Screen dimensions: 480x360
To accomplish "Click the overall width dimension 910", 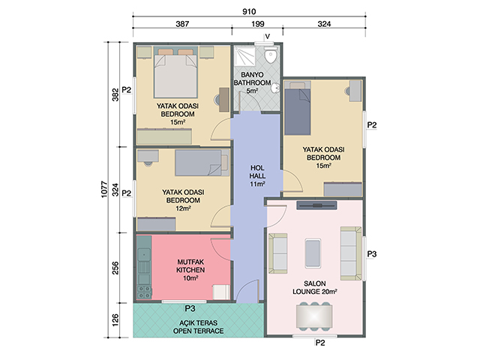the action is click(x=249, y=12).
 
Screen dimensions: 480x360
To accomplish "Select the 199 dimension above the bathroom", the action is click(x=258, y=24).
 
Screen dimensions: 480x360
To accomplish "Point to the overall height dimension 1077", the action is click(x=105, y=190).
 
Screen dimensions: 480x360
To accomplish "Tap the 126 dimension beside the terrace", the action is click(x=115, y=320).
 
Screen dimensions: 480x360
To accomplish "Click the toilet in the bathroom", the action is click(x=271, y=55).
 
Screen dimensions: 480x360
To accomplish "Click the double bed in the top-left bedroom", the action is click(x=175, y=73).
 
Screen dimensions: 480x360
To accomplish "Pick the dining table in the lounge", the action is click(x=313, y=315).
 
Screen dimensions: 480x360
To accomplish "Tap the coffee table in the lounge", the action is click(x=313, y=253).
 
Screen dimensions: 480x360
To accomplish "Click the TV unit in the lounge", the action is click(x=316, y=205).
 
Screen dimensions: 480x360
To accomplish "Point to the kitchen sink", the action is click(x=144, y=255).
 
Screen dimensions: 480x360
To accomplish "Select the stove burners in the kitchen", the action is click(x=144, y=292).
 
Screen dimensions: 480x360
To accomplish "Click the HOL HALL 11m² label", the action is click(x=257, y=176).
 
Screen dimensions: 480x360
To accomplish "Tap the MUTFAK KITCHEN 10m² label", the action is click(x=190, y=270).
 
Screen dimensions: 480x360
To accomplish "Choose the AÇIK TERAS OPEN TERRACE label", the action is click(x=198, y=327).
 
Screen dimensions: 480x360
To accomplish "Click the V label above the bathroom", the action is click(x=268, y=37).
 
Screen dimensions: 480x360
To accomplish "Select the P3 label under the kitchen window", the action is click(x=190, y=308).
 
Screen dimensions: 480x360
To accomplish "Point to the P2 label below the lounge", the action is click(x=320, y=343).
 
